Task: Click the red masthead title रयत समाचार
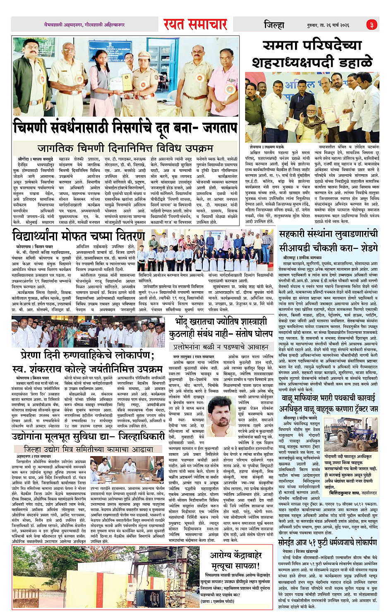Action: pyautogui.click(x=195, y=24)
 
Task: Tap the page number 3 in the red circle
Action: pyautogui.click(x=371, y=25)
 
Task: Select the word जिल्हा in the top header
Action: pyautogui.click(x=274, y=25)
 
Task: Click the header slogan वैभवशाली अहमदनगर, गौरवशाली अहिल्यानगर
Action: pyautogui.click(x=84, y=25)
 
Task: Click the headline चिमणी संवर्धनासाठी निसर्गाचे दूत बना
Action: pyautogui.click(x=125, y=127)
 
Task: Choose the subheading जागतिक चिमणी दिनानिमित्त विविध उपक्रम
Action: pyautogui.click(x=125, y=148)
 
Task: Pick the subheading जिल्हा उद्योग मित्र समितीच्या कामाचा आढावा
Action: pyautogui.click(x=89, y=449)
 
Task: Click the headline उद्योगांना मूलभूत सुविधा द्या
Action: pyautogui.click(x=89, y=437)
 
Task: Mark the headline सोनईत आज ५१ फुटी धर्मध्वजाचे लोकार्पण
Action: pyautogui.click(x=327, y=542)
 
